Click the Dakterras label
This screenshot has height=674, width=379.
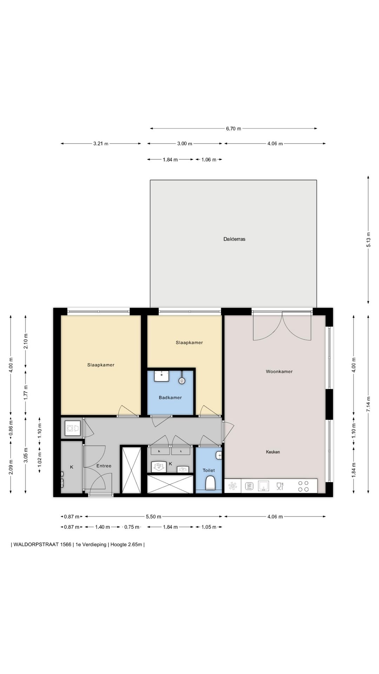(x=234, y=239)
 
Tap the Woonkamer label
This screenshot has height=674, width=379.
(x=279, y=371)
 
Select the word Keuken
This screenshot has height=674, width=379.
(x=273, y=452)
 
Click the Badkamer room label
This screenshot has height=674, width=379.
(x=170, y=398)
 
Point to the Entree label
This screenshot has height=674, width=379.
(x=104, y=466)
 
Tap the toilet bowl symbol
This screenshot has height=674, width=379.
(x=210, y=483)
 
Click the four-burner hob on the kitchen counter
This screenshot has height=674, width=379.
(x=304, y=486)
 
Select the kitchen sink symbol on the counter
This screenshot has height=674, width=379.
(x=264, y=486)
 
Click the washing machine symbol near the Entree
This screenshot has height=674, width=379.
(x=72, y=428)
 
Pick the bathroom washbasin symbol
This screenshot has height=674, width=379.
(x=161, y=376)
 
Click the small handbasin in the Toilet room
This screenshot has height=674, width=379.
(x=219, y=455)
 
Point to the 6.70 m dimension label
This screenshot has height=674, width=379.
(x=233, y=128)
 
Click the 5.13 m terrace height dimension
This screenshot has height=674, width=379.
(x=368, y=240)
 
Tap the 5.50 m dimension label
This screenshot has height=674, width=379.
(x=153, y=516)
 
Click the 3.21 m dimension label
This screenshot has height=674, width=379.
(x=101, y=144)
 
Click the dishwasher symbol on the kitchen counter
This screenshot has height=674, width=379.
(x=249, y=486)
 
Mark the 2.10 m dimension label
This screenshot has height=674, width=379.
(x=26, y=341)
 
